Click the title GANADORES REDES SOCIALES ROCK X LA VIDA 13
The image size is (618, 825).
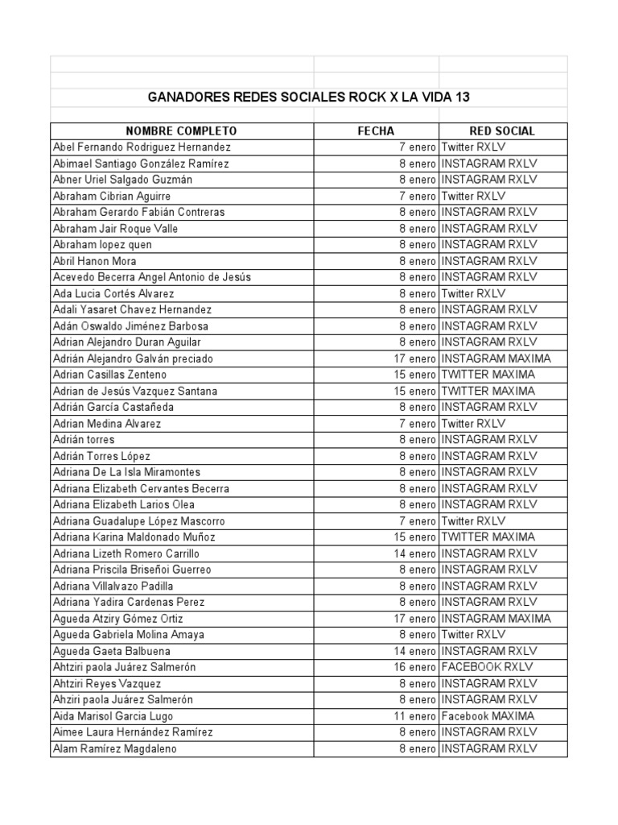[309, 97]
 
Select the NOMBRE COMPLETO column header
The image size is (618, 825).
[181, 131]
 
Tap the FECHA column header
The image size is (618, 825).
[376, 131]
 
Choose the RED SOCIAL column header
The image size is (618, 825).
[502, 131]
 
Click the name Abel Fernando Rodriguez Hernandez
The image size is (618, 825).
[142, 147]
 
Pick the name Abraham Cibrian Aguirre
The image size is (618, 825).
[112, 196]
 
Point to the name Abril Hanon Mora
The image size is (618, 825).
[95, 261]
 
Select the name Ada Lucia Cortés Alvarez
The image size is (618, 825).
[113, 293]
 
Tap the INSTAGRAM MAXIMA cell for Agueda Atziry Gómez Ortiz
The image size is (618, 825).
[496, 619]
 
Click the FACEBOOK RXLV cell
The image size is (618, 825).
[487, 667]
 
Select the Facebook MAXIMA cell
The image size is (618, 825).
[488, 716]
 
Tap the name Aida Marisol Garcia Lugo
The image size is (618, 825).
[113, 716]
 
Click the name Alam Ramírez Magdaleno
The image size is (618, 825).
[115, 748]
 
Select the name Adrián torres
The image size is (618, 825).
[84, 440]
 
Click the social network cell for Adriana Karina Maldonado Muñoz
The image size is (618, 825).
[488, 537]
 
